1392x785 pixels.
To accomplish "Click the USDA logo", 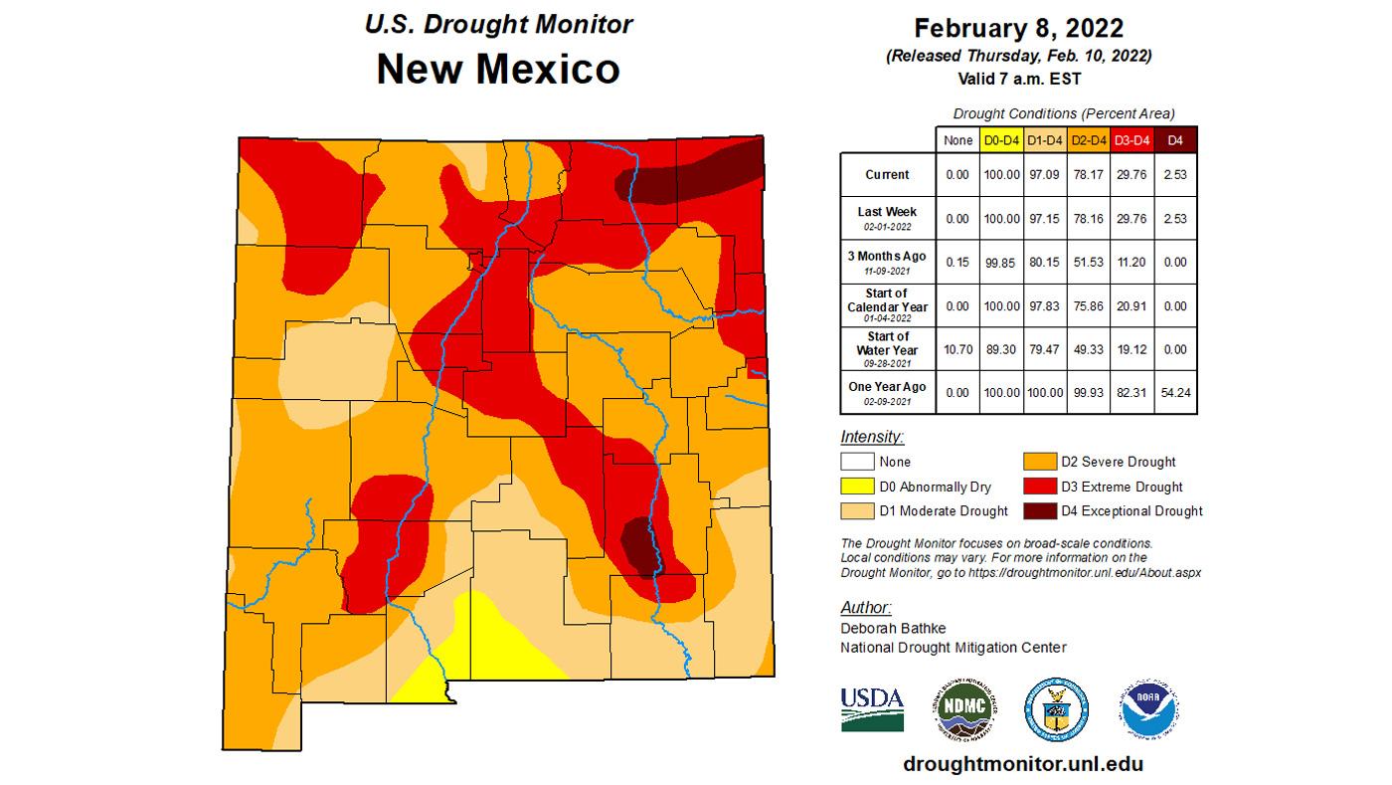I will [872, 708].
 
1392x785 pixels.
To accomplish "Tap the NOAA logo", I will [1148, 708].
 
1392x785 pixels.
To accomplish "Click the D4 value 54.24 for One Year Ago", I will [1175, 393].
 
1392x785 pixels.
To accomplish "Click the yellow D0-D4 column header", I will [1000, 140].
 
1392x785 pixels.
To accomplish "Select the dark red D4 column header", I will [1175, 140].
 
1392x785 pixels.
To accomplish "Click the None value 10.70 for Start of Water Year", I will [957, 349].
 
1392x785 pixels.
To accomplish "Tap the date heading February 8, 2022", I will [1018, 27].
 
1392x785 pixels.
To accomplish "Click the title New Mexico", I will [498, 69].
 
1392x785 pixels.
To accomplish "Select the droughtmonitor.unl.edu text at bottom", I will [1023, 764].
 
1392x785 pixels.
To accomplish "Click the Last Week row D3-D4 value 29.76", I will [1131, 218].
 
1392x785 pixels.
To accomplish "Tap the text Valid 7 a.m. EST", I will [1018, 77].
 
